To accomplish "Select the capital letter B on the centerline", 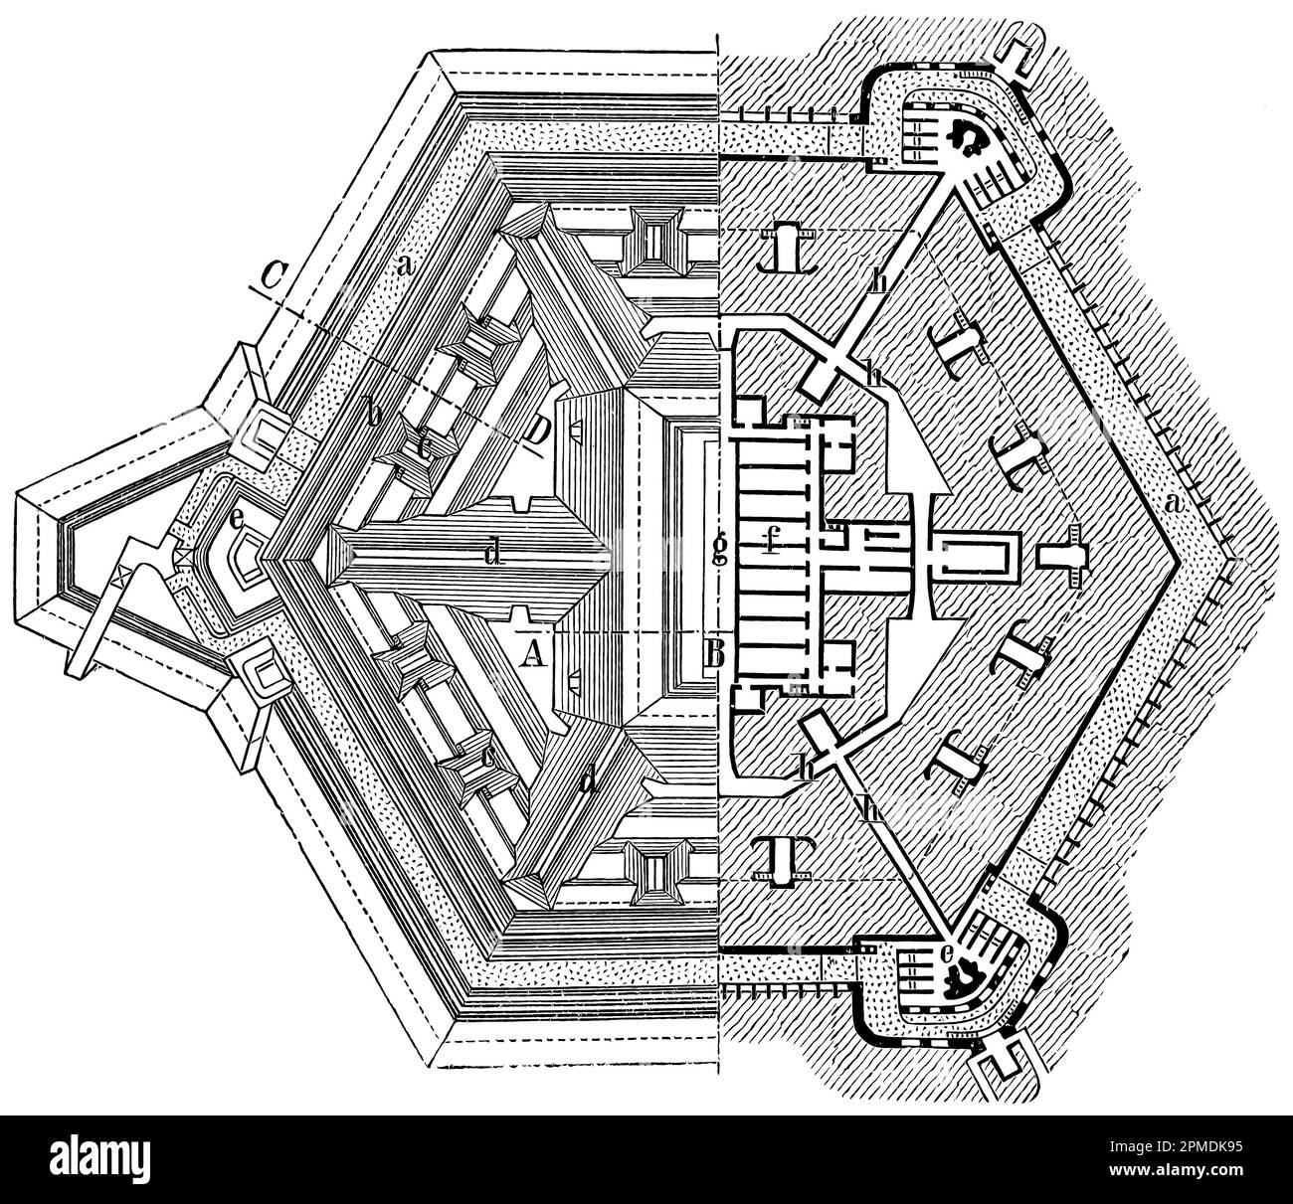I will (713, 653).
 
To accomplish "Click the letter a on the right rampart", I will (1174, 505).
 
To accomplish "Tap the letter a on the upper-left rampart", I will (404, 266).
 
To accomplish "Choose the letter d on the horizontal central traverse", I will (491, 553).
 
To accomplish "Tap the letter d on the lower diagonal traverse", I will (591, 781).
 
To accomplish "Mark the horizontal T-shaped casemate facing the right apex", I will (1063, 561).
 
